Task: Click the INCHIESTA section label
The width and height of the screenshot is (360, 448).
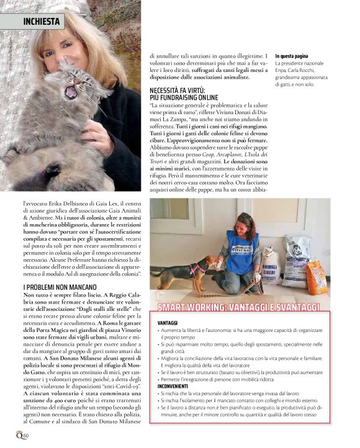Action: coord(41,21)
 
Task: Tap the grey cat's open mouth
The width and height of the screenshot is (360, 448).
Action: coord(70,93)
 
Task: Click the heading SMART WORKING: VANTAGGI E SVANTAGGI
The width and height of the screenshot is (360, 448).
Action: coord(238,307)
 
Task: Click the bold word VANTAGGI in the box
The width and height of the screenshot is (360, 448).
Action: coord(168,323)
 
